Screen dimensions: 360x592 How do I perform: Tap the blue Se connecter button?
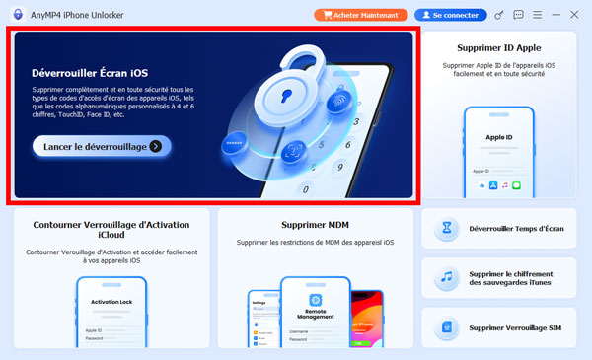(x=450, y=15)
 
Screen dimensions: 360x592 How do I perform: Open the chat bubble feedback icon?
(x=519, y=15)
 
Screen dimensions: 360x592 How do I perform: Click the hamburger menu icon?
(x=537, y=15)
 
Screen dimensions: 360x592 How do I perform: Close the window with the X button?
(x=574, y=15)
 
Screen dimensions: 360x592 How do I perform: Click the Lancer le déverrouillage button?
(x=103, y=146)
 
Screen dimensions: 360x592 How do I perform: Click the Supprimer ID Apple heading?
(x=499, y=47)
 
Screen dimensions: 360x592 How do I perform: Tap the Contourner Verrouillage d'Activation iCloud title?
(x=111, y=230)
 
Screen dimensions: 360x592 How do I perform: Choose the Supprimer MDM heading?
(x=315, y=224)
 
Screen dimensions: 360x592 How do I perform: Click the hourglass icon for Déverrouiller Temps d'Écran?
(x=447, y=229)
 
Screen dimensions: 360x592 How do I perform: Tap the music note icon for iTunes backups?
(x=447, y=278)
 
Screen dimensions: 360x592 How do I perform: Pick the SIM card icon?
(x=447, y=327)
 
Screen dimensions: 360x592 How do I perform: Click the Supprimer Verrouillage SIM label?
(x=515, y=327)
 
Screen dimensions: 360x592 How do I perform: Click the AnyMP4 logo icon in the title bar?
(x=16, y=15)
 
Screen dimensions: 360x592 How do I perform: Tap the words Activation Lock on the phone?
(x=111, y=303)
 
